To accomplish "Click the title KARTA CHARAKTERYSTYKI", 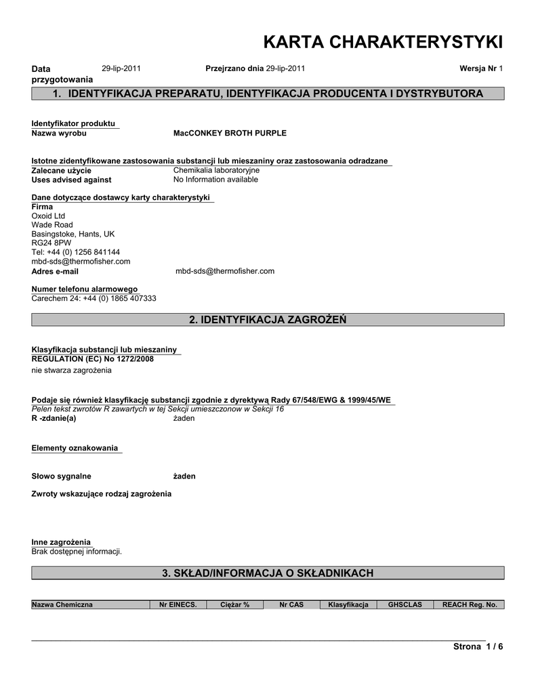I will pos(382,42).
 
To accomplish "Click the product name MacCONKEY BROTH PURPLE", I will pos(230,134).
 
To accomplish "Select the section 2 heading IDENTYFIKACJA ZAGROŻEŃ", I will pos(268,320).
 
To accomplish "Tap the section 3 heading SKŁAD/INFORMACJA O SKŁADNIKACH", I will pos(268,573).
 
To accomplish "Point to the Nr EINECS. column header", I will pos(178,605).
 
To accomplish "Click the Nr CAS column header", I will pos(291,605).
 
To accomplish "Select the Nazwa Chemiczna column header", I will pos(62,605).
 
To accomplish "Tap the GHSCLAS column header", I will pos(405,605).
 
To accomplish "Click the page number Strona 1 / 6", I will pos(478,647).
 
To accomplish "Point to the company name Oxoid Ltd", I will pos(48,216).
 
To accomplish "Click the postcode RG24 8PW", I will pos(51,243).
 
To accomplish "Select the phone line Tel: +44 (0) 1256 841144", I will pos(76,252).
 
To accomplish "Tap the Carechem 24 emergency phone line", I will pos(94,298).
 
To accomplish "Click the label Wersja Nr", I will pos(478,68).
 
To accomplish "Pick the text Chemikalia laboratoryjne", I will pos(216,170).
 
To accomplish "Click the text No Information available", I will pos(215,180).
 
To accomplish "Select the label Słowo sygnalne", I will pos(62,476).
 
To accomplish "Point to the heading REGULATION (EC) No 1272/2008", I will pos(93,359).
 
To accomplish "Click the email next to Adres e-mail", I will pos(225,271).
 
